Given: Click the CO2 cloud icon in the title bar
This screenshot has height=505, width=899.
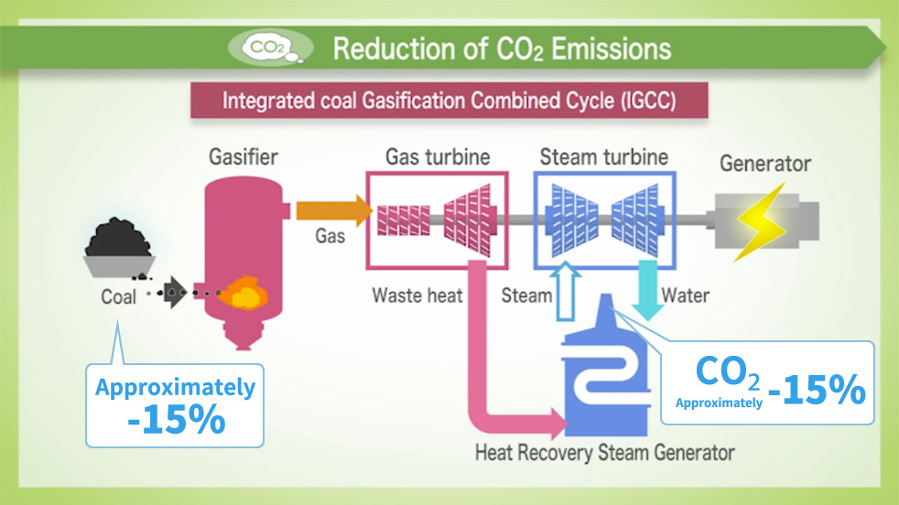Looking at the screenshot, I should [269, 47].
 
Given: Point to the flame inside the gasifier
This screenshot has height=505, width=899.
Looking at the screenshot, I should [245, 294].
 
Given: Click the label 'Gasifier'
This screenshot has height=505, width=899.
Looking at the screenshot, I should [242, 158].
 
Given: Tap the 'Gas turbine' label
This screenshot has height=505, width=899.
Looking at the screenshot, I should [438, 156].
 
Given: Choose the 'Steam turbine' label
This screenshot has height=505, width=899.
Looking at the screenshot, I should [603, 156].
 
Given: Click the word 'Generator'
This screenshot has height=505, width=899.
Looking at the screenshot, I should [765, 165].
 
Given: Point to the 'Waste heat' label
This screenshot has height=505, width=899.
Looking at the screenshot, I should [417, 295].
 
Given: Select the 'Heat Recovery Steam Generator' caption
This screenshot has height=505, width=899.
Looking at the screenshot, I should [604, 452].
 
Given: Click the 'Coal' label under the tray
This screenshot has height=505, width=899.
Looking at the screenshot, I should [119, 296].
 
